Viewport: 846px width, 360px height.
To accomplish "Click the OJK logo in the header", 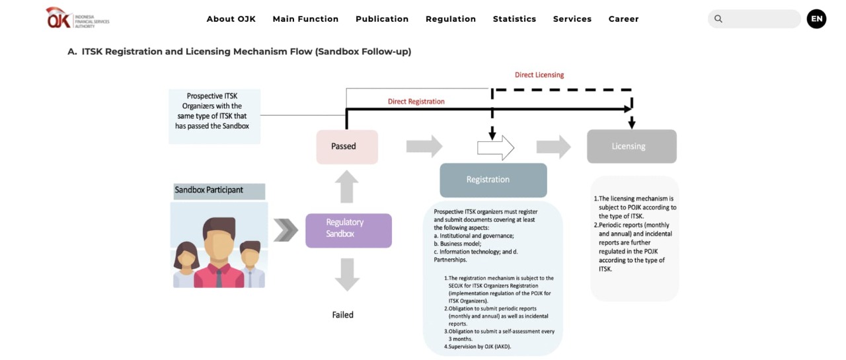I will (x=77, y=18).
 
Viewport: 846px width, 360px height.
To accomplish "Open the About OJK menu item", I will (x=231, y=19).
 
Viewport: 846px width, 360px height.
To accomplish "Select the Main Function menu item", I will (x=305, y=19).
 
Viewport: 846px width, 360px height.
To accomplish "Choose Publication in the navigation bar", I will (x=382, y=19).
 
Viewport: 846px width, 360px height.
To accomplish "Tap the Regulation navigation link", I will (x=451, y=19).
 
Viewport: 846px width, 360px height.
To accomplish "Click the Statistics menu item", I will (x=514, y=19).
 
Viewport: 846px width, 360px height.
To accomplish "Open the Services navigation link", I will (x=572, y=19).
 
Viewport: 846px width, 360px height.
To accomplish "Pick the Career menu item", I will (x=623, y=19).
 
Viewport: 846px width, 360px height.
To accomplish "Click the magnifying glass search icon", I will (x=718, y=19).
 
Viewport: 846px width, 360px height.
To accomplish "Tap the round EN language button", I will (x=816, y=19).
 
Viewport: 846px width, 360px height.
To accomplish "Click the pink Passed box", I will (x=346, y=147).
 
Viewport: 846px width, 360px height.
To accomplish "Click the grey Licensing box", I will (x=631, y=147).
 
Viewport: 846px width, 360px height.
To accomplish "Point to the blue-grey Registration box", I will (x=493, y=180).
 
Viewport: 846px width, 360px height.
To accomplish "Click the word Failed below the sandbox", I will (x=342, y=315).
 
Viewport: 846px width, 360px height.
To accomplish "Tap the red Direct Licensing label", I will (x=539, y=75).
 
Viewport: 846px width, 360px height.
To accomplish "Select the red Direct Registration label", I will (x=416, y=102).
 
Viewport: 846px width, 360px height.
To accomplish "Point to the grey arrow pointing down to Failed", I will (x=347, y=274).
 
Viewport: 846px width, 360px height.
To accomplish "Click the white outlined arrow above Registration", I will (x=496, y=147).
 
